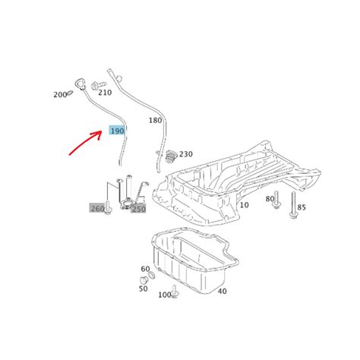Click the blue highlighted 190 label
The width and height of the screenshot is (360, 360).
tap(117, 131)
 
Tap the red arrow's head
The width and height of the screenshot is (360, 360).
tap(98, 134)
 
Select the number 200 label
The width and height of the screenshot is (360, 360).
tap(60, 95)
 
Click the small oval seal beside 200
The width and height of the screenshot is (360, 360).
tap(71, 93)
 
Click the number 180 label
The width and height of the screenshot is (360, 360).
tap(155, 120)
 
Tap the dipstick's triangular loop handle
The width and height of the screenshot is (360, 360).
tap(81, 84)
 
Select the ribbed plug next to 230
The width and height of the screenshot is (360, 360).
tap(171, 156)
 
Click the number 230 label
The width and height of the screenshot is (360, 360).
tap(186, 154)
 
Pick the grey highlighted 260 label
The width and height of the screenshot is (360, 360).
tap(97, 208)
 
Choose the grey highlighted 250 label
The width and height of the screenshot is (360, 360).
tap(138, 209)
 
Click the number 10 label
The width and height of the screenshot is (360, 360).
tap(244, 205)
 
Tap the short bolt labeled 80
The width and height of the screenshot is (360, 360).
tap(276, 201)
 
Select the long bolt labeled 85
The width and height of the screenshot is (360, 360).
tap(293, 205)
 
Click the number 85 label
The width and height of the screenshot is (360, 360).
tap(302, 207)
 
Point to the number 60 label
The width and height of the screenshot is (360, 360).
tap(145, 269)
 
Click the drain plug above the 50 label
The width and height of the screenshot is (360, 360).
tap(144, 281)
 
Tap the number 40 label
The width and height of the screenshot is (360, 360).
tap(222, 291)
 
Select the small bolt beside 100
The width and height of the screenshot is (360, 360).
tap(175, 292)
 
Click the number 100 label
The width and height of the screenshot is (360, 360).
tap(165, 295)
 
